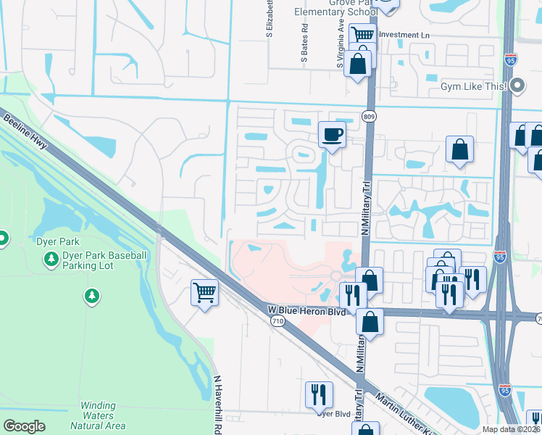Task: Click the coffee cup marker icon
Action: click(x=332, y=135)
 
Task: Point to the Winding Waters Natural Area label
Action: click(x=98, y=415)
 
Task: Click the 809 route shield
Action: click(x=370, y=116)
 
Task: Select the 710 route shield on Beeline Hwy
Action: click(x=278, y=320)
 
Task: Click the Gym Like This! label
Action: click(x=472, y=86)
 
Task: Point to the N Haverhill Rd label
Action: click(x=217, y=402)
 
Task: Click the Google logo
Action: click(x=24, y=426)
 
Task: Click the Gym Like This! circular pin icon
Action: click(x=517, y=86)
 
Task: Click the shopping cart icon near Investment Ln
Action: click(x=362, y=34)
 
